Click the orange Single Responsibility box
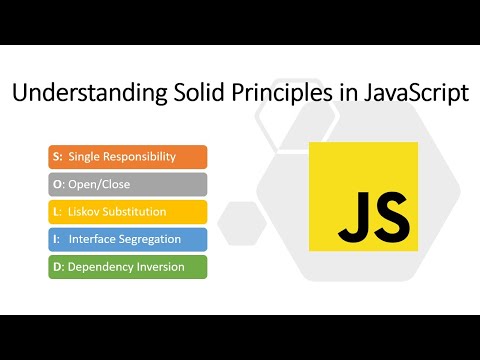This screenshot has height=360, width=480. click(127, 157)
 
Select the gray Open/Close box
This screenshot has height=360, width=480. click(127, 184)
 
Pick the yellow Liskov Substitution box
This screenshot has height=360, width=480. click(127, 212)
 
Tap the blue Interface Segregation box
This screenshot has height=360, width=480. click(127, 239)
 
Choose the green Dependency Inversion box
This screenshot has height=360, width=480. click(127, 267)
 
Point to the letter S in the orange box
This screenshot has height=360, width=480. click(55, 157)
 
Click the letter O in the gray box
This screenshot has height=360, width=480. click(56, 184)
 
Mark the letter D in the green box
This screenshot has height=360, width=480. click(56, 267)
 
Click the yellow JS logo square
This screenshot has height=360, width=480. click(363, 195)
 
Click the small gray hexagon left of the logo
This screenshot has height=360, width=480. click(240, 221)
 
